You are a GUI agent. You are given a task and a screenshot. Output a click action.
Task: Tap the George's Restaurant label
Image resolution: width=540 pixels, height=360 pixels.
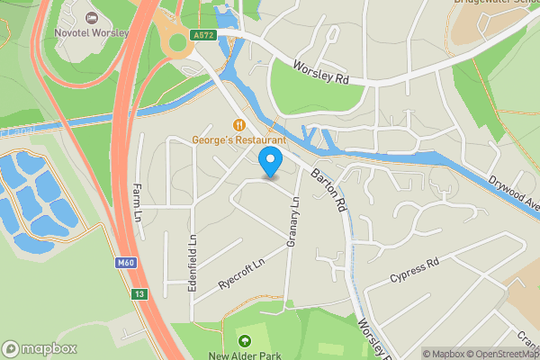[238, 139]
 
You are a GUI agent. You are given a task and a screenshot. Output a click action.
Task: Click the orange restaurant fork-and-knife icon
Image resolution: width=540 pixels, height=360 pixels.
[238, 125]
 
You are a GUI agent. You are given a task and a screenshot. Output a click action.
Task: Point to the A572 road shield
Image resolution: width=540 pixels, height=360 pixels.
[202, 35]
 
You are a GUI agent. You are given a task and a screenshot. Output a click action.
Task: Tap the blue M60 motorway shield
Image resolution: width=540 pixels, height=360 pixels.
[126, 263]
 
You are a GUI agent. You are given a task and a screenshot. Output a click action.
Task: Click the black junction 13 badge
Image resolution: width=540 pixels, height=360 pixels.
[138, 294]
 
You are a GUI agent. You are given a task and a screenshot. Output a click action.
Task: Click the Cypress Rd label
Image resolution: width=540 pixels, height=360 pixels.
[414, 268]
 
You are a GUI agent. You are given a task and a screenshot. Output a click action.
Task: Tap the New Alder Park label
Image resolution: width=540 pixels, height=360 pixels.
[245, 355]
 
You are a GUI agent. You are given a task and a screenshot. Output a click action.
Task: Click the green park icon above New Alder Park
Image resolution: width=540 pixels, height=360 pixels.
[245, 340]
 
